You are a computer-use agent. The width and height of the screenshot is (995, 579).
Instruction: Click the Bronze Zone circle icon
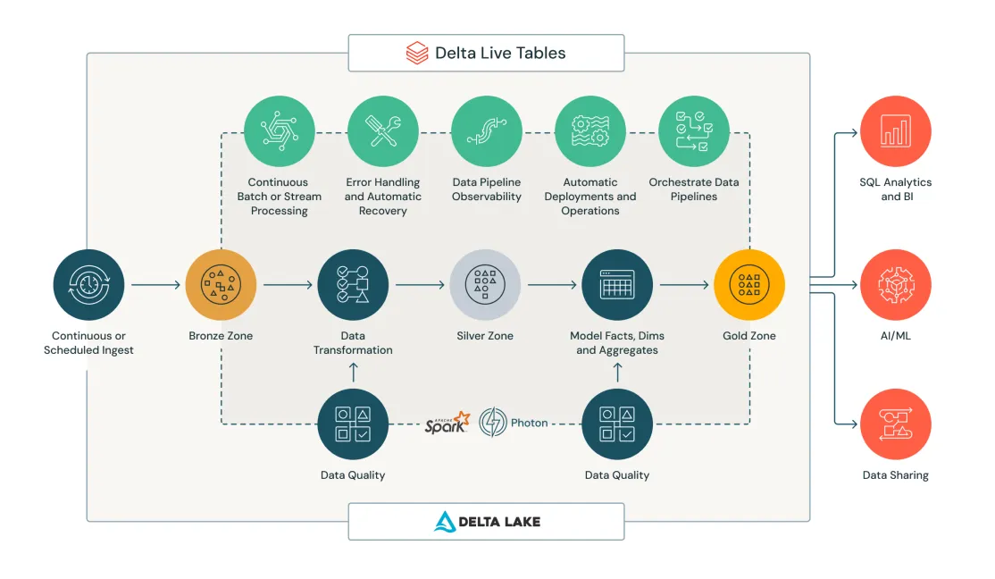(221, 285)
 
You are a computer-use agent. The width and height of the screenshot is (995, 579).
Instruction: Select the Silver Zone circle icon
(485, 285)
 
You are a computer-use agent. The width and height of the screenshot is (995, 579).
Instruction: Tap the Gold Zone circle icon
(749, 285)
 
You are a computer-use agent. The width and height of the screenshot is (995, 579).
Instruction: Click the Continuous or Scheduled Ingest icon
(88, 285)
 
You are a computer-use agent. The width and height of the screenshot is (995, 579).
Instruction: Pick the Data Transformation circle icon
(353, 285)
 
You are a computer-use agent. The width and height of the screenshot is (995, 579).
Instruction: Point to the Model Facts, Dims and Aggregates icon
(617, 285)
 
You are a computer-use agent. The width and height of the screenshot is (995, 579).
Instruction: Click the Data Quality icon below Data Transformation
(353, 424)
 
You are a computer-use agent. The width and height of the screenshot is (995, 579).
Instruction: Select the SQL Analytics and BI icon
(895, 131)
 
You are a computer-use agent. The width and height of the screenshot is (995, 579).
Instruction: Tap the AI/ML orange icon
(895, 285)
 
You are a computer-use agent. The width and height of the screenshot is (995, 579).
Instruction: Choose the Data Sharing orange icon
(895, 424)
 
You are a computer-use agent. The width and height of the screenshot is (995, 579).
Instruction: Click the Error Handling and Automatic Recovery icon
(383, 131)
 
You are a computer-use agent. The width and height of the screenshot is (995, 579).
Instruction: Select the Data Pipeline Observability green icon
(487, 131)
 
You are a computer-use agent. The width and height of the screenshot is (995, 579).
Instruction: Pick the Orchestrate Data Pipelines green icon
(694, 131)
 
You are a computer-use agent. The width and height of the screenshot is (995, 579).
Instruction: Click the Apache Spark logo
(447, 423)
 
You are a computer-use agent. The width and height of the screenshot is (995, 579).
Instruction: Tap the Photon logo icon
(493, 423)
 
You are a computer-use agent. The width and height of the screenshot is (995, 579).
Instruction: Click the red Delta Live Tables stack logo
(416, 53)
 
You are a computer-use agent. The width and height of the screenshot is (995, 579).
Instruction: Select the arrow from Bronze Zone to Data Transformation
(287, 285)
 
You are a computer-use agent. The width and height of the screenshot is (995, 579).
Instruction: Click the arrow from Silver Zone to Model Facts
(551, 285)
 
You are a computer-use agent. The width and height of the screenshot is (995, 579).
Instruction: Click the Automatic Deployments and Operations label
(590, 197)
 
